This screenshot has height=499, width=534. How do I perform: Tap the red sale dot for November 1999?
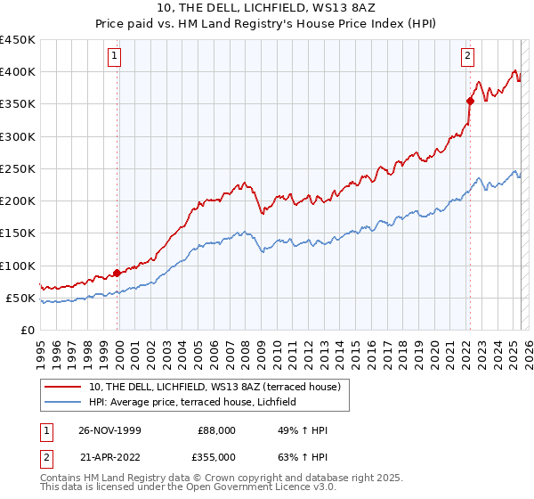point(117,273)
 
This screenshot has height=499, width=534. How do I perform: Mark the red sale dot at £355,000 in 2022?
point(470,101)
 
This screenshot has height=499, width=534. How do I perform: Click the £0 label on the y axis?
point(27,331)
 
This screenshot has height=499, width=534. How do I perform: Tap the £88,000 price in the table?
point(215,430)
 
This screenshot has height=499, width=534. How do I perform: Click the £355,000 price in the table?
point(215,456)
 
